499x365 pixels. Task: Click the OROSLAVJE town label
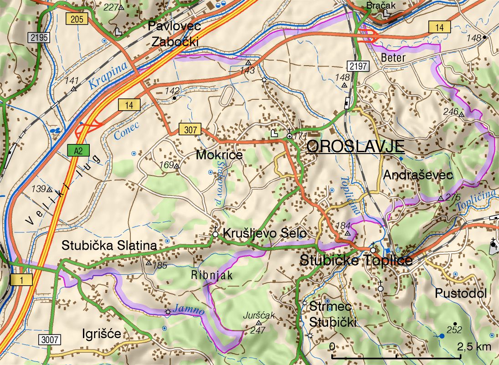pyautogui.click(x=356, y=147)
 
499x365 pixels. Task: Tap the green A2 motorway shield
pyautogui.click(x=78, y=150)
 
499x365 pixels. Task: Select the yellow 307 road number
pyautogui.click(x=190, y=130)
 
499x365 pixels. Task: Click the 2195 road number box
pyautogui.click(x=38, y=37)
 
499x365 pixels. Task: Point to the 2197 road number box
pyautogui.click(x=358, y=67)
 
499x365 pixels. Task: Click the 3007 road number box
pyautogui.click(x=49, y=339)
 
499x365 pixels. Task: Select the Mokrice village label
pyautogui.click(x=219, y=155)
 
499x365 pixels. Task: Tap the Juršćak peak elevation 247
pyautogui.click(x=257, y=331)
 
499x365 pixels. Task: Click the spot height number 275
pyautogui.click(x=453, y=197)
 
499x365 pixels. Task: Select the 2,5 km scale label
pyautogui.click(x=474, y=347)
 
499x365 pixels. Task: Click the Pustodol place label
pyautogui.click(x=461, y=293)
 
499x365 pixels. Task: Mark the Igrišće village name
pyautogui.click(x=102, y=334)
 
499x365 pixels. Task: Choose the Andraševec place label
pyautogui.click(x=418, y=175)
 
